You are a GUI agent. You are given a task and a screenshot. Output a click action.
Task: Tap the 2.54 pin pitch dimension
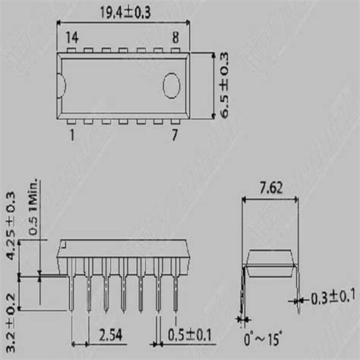[x=112, y=332]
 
